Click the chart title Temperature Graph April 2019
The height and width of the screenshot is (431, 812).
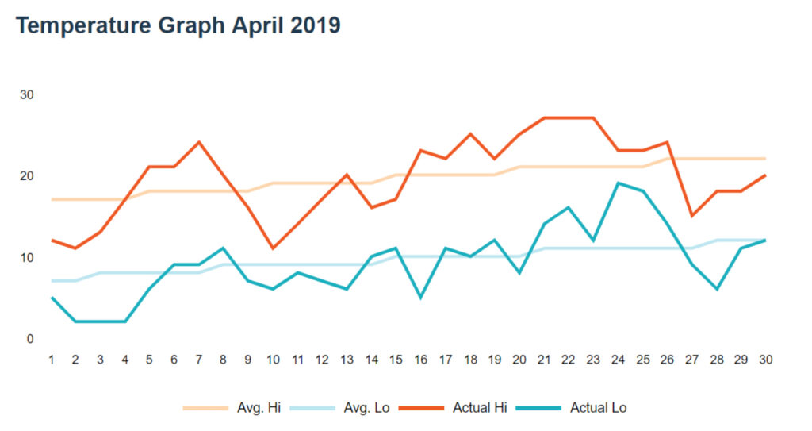tap(178, 25)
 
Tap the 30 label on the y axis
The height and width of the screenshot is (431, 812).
tap(27, 95)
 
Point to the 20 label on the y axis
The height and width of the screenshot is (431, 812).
tap(27, 176)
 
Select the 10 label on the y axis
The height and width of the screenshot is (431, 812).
tap(27, 258)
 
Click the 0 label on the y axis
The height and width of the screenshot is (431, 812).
tap(30, 339)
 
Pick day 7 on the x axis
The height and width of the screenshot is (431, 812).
tap(198, 360)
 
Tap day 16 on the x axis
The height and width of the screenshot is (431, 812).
tap(421, 360)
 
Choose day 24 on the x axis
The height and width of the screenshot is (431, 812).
tap(619, 360)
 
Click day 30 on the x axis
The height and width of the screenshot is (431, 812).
tap(766, 360)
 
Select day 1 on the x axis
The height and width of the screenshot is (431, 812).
tap(51, 360)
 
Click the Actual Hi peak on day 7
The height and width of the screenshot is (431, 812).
tap(199, 142)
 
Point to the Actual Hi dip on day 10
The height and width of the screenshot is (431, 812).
tap(273, 248)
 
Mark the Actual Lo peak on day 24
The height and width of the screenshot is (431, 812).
tap(619, 183)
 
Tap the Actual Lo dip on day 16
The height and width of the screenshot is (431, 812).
tap(421, 298)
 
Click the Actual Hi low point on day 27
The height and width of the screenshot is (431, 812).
tap(692, 216)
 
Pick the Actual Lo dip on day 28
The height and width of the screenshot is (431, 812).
tap(717, 289)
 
